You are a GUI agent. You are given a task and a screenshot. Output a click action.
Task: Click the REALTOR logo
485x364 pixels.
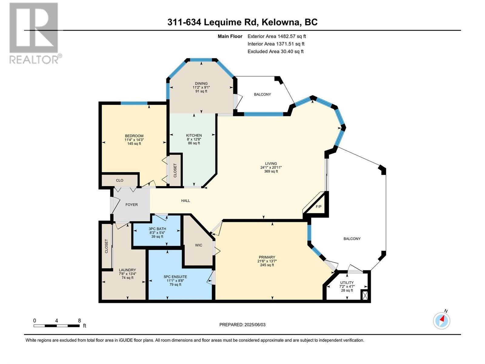34,33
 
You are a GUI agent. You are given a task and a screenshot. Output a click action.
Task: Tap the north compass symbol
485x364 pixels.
442,320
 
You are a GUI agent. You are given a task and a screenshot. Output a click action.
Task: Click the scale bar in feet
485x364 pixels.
57,325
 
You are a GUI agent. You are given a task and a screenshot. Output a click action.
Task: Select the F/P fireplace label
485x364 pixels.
319,207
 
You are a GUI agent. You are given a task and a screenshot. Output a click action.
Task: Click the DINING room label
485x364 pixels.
201,83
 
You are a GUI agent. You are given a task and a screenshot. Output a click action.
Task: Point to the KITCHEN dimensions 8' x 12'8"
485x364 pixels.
194,139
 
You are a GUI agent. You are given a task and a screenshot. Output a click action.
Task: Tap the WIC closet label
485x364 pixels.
199,245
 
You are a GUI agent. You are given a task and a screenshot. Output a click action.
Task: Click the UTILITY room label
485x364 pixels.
347,282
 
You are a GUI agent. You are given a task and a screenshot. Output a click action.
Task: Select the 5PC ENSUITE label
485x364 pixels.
175,277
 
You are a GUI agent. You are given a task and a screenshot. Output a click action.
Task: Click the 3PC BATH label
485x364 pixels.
157,229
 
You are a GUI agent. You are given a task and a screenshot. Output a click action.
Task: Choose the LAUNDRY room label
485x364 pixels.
127,270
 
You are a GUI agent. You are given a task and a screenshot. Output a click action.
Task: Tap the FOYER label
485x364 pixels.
132,205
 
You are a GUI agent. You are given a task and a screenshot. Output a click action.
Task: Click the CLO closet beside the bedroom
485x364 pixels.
120,180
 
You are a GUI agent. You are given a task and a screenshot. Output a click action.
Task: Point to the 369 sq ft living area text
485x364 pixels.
271,171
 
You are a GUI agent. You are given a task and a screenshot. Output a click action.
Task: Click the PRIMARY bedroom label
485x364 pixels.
267,257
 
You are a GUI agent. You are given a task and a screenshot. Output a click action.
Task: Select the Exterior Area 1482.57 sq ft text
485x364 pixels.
276,36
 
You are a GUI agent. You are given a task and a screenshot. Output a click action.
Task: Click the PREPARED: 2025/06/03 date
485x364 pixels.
242,325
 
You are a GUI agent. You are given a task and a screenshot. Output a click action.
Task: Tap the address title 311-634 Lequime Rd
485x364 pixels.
242,22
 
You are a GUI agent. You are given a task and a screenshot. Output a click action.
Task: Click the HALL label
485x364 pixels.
186,201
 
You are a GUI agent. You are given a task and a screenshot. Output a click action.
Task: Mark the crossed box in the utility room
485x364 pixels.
365,295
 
